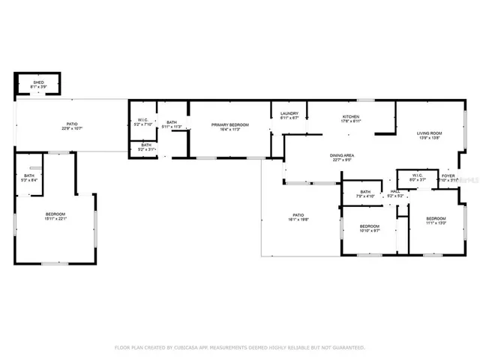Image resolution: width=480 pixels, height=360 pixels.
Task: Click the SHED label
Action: (37, 83)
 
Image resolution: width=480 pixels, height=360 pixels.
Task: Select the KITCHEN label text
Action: (351, 117)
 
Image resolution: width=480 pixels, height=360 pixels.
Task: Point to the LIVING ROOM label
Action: (430, 133)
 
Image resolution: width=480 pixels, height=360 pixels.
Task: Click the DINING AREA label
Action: (342, 155)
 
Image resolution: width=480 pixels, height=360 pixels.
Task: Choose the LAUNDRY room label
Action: (289, 113)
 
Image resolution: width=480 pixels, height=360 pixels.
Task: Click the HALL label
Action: (394, 191)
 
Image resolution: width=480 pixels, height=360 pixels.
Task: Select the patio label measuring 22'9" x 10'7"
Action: (72, 124)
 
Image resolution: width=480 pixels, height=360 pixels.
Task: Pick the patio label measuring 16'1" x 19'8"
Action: (298, 216)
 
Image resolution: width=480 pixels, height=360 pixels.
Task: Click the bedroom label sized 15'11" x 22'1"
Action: (55, 215)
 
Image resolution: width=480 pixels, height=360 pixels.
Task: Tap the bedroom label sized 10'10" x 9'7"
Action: (369, 226)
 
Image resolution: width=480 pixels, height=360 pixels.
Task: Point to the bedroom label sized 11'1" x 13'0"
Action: (436, 218)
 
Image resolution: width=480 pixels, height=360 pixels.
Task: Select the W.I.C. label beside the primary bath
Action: (142, 120)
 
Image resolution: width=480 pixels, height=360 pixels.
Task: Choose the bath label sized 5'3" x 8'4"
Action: (28, 175)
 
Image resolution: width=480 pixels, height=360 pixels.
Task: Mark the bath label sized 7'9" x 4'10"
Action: (365, 192)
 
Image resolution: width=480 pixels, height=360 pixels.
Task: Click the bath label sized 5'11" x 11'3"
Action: (172, 123)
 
